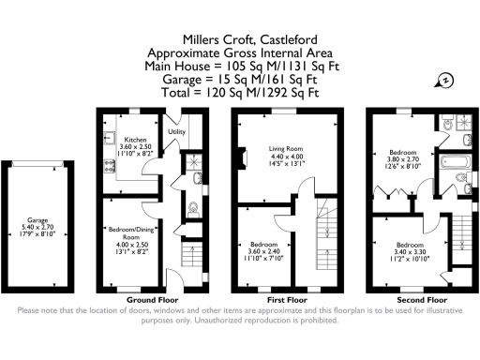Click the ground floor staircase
187,256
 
